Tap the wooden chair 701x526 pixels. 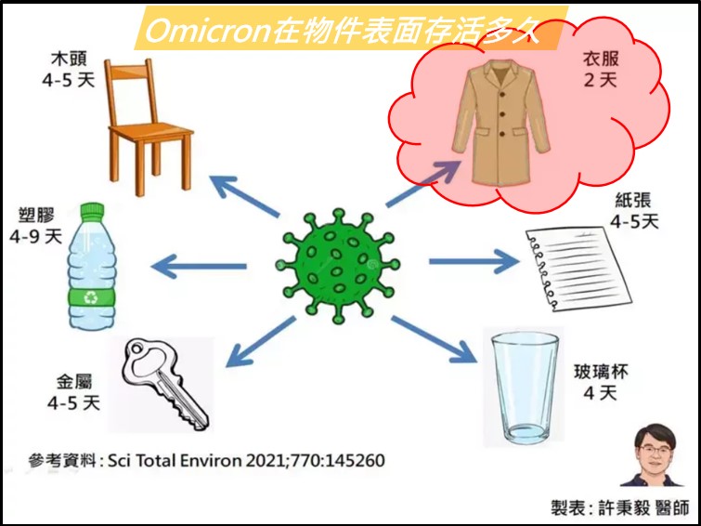[149, 127]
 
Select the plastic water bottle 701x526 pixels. [92, 267]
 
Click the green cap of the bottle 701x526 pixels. [92, 211]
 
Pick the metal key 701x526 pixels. [164, 384]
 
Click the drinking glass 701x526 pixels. [525, 387]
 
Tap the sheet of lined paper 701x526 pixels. [578, 268]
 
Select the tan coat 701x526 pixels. [500, 122]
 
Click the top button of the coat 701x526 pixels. [501, 93]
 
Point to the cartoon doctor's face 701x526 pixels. [656, 452]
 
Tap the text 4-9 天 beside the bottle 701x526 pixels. [36, 237]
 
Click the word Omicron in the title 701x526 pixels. [209, 32]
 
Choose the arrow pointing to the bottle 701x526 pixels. [199, 267]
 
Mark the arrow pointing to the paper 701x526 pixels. [474, 261]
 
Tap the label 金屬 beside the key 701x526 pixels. [74, 382]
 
